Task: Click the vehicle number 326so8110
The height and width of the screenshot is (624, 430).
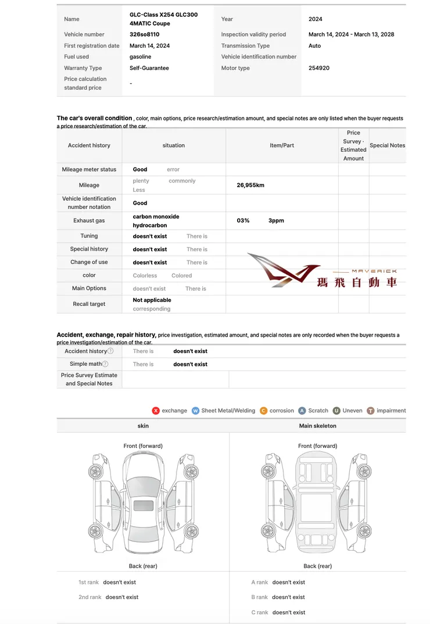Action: (144, 34)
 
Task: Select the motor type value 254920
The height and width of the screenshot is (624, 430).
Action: (319, 68)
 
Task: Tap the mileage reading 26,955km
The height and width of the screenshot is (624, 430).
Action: (250, 185)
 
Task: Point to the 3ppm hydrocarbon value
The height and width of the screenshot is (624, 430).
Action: (276, 220)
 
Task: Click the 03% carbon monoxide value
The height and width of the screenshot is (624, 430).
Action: (243, 220)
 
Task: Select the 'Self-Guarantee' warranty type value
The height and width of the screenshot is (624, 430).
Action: (149, 68)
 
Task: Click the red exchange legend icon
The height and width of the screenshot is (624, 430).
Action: (156, 411)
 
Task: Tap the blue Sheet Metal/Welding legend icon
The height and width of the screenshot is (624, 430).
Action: (195, 411)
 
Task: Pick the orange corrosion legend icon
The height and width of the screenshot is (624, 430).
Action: (264, 411)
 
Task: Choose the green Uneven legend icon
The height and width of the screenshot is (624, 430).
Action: (336, 411)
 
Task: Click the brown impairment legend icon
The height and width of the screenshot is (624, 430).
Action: (371, 411)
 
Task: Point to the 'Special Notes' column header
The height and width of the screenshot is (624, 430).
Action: (387, 145)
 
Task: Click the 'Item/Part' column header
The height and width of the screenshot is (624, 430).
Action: (282, 145)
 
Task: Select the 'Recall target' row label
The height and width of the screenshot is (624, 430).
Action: (89, 304)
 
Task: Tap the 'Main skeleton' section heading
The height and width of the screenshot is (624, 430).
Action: (317, 426)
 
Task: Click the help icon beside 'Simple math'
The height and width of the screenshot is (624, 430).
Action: (105, 364)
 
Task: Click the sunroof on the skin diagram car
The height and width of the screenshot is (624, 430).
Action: (143, 505)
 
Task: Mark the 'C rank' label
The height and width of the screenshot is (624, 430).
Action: (260, 612)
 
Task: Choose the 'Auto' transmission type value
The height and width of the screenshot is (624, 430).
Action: (314, 45)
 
